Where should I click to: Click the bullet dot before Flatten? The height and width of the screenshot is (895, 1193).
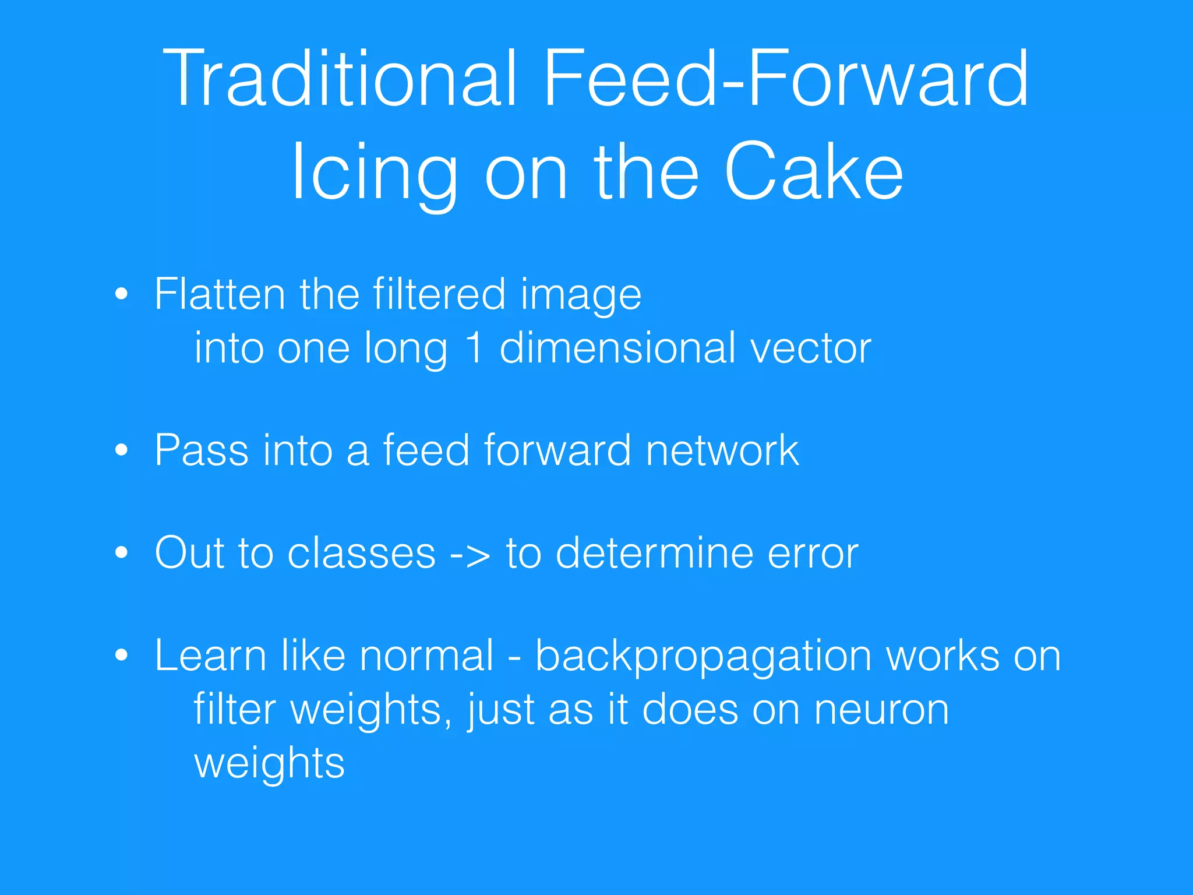coord(121,294)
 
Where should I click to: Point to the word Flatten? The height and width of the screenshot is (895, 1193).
coord(220,294)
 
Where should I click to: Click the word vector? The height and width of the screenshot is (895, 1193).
coord(810,348)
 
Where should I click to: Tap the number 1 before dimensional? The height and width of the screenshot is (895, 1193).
coord(475,347)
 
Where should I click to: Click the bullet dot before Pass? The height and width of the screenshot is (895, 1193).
coord(121,450)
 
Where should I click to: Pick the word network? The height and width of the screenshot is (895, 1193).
coord(722,450)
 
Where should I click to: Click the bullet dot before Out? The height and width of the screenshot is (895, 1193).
coord(121,552)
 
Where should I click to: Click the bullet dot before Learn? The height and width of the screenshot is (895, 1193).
coord(121,655)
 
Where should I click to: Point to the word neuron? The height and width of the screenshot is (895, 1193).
coord(881,710)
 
